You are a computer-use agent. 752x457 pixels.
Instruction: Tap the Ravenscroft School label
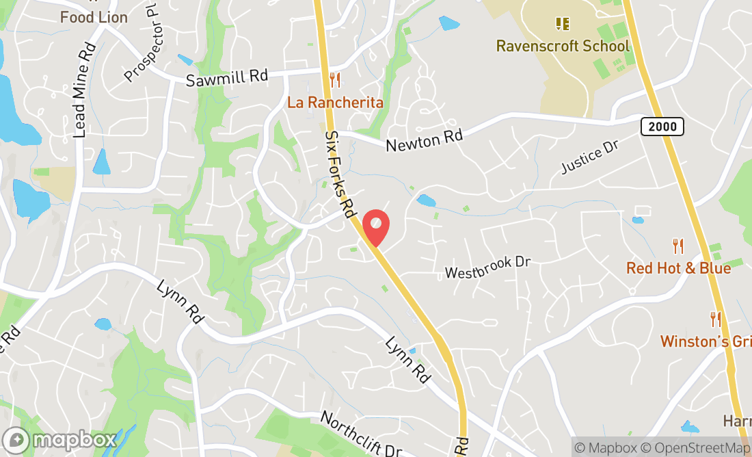[x=563, y=46]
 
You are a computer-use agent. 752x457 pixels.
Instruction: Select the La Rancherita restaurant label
[x=335, y=103]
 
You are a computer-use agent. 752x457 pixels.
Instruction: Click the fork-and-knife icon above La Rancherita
[x=335, y=80]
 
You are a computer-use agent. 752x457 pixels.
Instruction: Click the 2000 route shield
[x=662, y=126]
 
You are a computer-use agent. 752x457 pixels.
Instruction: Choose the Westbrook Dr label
[x=487, y=267]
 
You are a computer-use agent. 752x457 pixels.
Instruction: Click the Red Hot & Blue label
[x=678, y=267]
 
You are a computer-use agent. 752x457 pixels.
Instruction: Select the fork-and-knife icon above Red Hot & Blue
[x=678, y=246]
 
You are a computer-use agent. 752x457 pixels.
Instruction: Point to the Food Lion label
[x=94, y=17]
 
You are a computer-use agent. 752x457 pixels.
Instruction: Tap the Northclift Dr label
[x=360, y=433]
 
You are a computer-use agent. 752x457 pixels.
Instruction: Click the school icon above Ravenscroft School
[x=563, y=25]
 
